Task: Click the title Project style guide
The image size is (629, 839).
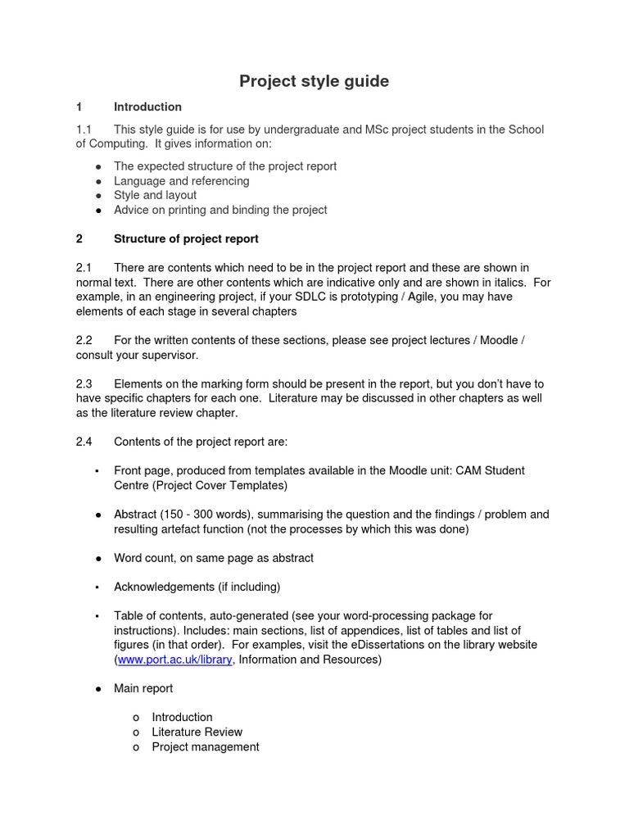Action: click(314, 81)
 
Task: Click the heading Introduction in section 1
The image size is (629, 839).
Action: click(147, 107)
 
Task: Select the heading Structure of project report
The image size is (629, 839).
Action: click(186, 238)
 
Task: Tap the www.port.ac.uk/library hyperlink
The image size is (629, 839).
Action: click(175, 660)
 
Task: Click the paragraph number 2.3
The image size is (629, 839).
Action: click(84, 383)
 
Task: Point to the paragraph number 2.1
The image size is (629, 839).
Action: click(84, 267)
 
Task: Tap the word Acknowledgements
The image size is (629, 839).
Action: click(165, 587)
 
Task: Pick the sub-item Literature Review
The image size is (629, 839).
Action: click(197, 732)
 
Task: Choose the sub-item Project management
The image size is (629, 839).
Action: click(205, 746)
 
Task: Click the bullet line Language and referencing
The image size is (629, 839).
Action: click(181, 180)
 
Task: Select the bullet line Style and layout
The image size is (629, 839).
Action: click(155, 195)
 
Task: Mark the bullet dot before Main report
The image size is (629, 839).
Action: click(97, 689)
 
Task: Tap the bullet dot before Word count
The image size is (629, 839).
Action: click(97, 558)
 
